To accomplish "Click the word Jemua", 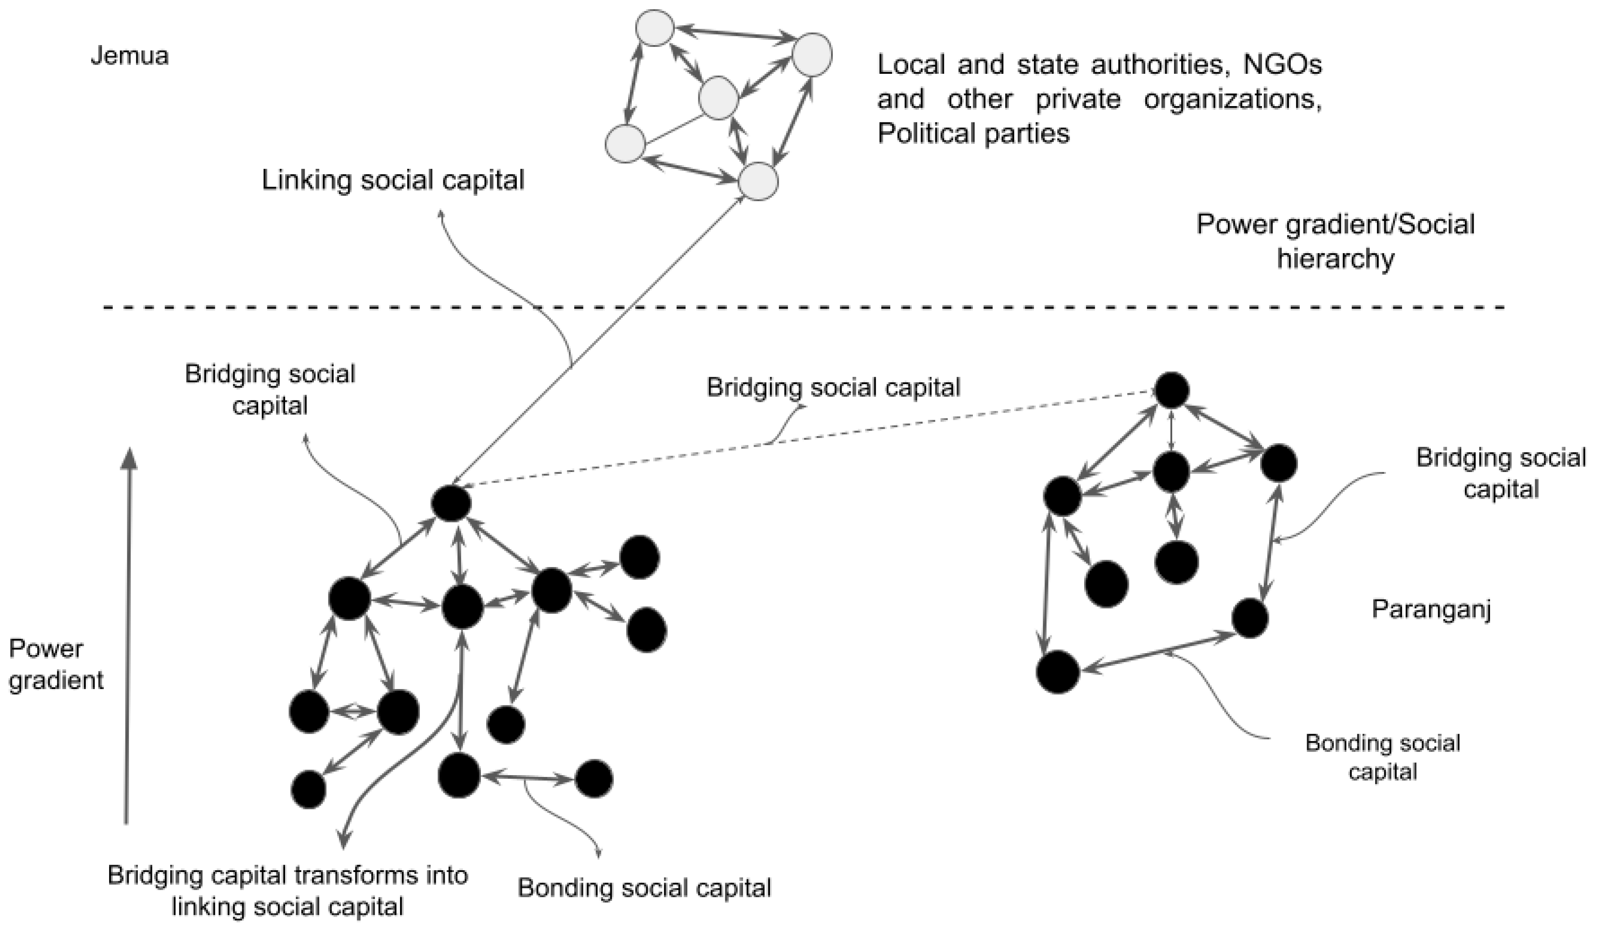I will pos(130,56).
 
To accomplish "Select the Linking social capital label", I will pos(393,180).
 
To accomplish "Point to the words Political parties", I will pos(973,134).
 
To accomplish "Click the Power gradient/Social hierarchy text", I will pos(1335,241).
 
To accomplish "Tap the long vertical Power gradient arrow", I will pos(128,636).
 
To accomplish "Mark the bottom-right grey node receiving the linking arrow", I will pos(758,182).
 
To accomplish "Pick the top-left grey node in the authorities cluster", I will pos(655,28).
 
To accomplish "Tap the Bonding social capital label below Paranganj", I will pos(1383,758).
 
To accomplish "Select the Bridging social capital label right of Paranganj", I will pos(1501,473).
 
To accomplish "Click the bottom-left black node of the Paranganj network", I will pos(1058,672).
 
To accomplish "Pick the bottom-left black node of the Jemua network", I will pos(309,790).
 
